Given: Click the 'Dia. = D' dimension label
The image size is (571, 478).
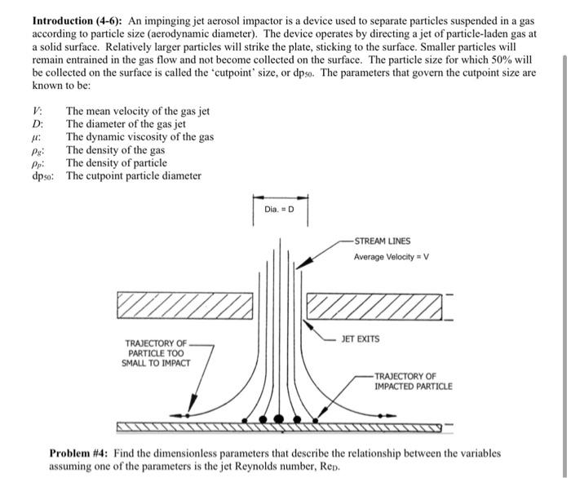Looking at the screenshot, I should (280, 210).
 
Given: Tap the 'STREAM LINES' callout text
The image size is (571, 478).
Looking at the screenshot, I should (383, 241).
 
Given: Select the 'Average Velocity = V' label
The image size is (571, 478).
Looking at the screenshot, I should (392, 258).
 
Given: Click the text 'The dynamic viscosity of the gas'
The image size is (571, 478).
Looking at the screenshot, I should (139, 137).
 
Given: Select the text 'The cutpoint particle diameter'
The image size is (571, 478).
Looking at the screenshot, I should (134, 176).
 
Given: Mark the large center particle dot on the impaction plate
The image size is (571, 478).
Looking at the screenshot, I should (280, 418).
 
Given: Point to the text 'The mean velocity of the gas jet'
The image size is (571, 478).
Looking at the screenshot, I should (138, 111).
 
